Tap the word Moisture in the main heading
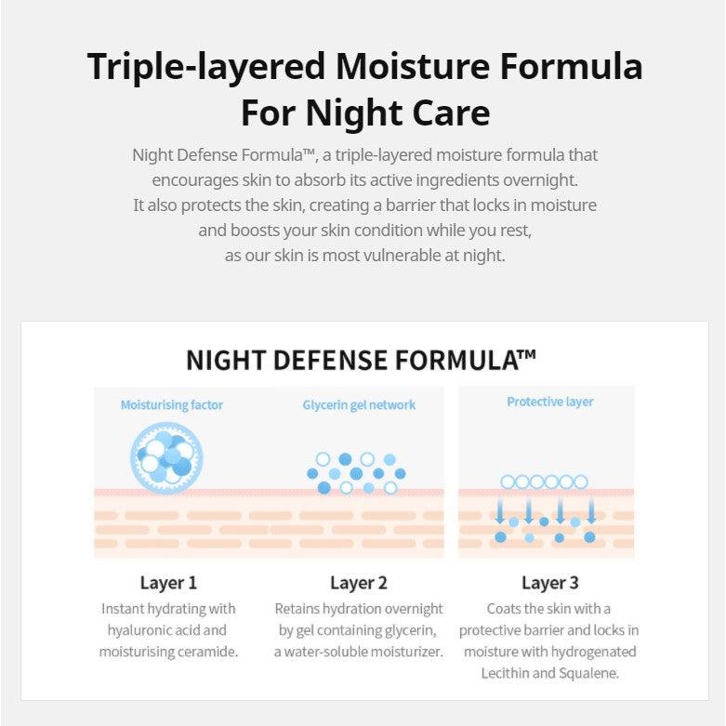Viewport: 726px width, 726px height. (x=413, y=67)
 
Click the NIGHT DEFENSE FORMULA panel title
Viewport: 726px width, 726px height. (x=361, y=361)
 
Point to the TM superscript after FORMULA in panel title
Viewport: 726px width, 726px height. (x=527, y=355)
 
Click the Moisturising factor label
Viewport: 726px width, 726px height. (x=172, y=405)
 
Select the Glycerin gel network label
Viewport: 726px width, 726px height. (x=359, y=405)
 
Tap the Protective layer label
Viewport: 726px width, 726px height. (x=550, y=402)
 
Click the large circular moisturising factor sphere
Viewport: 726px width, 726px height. (x=166, y=458)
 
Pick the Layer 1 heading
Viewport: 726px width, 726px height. (x=168, y=583)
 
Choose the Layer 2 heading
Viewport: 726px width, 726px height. (x=359, y=583)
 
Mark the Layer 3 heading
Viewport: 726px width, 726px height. (x=550, y=583)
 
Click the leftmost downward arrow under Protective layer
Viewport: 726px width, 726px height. (x=500, y=510)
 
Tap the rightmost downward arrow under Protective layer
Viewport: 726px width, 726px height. (x=591, y=510)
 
